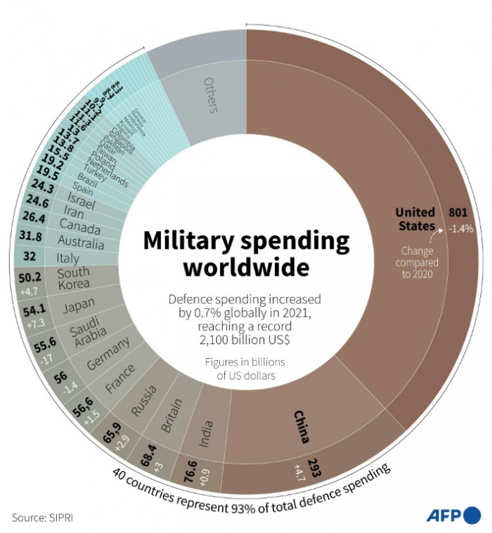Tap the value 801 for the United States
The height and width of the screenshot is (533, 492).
pyautogui.click(x=458, y=212)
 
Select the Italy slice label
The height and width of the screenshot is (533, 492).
pyautogui.click(x=67, y=258)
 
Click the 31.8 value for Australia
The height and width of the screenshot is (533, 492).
pyautogui.click(x=30, y=235)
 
